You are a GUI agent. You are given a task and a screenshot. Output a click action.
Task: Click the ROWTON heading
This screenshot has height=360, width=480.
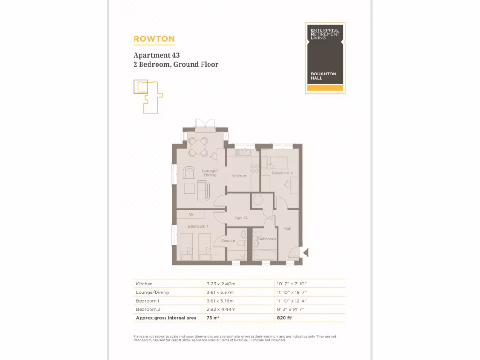pos(154,39)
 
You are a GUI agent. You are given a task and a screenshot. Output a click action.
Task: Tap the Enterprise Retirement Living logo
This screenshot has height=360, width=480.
pos(325,58)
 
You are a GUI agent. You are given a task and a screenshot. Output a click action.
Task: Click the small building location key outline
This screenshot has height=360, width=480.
pos(148,97)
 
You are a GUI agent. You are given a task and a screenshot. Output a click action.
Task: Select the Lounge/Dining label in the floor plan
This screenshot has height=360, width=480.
pos(210,173)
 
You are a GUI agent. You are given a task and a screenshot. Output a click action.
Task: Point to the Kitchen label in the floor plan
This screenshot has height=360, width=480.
pos(239,176)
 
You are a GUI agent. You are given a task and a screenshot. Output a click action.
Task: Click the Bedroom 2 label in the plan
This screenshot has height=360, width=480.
pos(282,173)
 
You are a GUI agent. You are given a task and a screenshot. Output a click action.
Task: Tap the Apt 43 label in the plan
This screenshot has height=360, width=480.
pos(241,218)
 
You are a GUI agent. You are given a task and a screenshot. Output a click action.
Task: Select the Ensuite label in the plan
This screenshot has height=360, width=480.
pos(228,241)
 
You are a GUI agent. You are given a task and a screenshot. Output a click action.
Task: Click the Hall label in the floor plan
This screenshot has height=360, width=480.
pos(287,229)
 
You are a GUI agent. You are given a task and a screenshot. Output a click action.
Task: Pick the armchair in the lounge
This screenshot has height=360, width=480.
pos(189,172)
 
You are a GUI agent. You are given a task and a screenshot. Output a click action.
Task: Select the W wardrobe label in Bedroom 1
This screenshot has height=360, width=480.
pos(191,215)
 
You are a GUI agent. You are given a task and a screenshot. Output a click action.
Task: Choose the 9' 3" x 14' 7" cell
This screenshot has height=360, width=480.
pos(292,309)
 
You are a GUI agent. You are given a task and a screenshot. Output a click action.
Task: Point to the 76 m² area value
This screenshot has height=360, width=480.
pos(213,318)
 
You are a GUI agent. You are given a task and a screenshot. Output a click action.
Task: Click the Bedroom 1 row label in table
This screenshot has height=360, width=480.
pos(148,301)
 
